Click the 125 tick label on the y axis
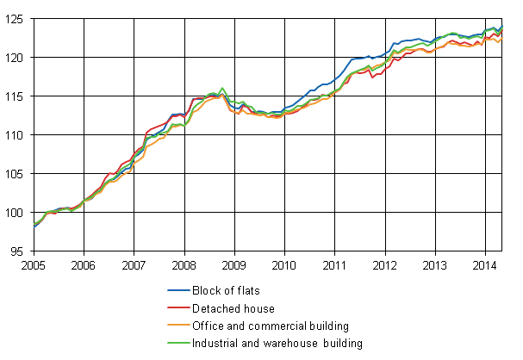click(16, 18)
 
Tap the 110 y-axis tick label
click(16, 135)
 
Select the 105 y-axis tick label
click(16, 174)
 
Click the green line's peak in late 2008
click(223, 88)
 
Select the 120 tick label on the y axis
click(16, 57)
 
